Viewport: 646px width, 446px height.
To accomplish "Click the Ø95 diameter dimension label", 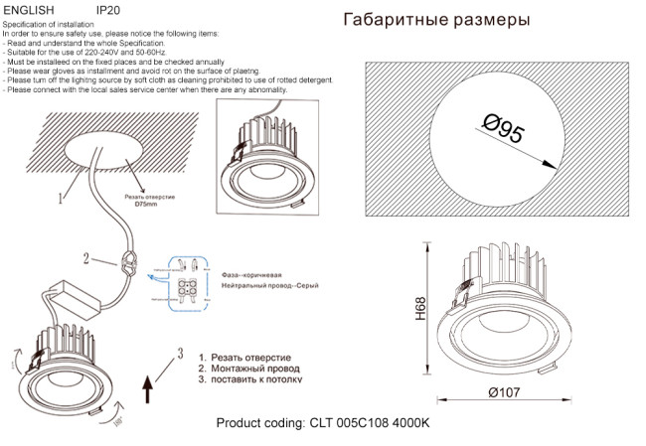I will tap(504, 131).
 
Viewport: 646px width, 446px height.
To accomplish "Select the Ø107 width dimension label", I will tap(506, 392).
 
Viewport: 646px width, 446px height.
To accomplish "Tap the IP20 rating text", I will tap(107, 8).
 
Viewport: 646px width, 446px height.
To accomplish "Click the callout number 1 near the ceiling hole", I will tap(61, 198).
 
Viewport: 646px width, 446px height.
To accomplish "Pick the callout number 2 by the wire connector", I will tap(87, 259).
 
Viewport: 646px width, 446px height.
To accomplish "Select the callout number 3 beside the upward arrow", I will tap(180, 351).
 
